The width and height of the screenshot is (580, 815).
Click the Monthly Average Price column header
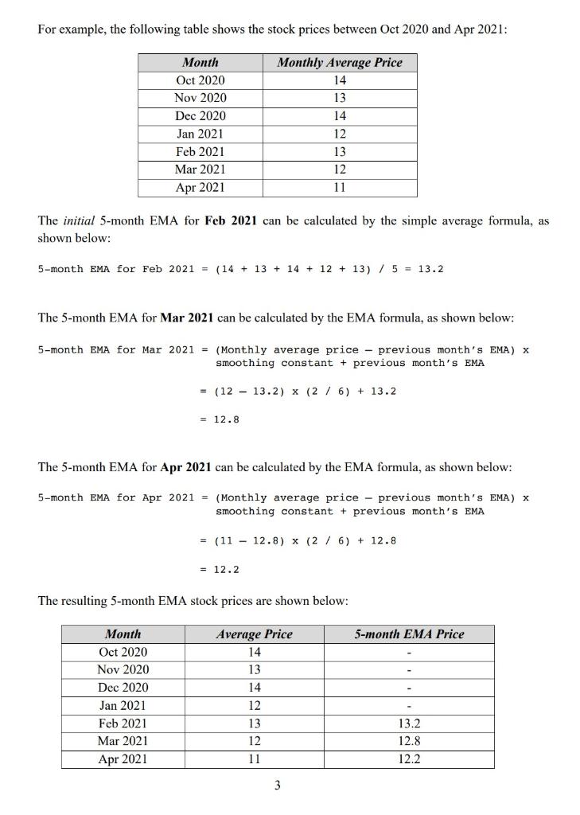point(340,62)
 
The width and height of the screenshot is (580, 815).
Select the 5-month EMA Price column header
point(409,634)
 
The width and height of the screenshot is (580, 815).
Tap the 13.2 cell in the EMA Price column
point(409,723)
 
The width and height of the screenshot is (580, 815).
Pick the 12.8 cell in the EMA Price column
point(409,741)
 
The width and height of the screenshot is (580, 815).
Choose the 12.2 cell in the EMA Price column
point(409,758)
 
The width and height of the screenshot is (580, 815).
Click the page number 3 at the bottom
point(277,786)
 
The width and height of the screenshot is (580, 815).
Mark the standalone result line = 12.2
point(219,569)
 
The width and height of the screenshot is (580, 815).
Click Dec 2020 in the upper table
point(200,115)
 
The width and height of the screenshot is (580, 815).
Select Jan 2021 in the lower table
point(123,705)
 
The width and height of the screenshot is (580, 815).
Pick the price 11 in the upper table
point(340,187)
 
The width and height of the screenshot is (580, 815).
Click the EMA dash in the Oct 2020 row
point(409,652)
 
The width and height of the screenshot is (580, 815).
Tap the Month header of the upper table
point(200,62)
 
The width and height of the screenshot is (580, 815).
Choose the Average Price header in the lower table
point(254,634)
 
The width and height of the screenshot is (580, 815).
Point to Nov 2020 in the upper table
point(200,98)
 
